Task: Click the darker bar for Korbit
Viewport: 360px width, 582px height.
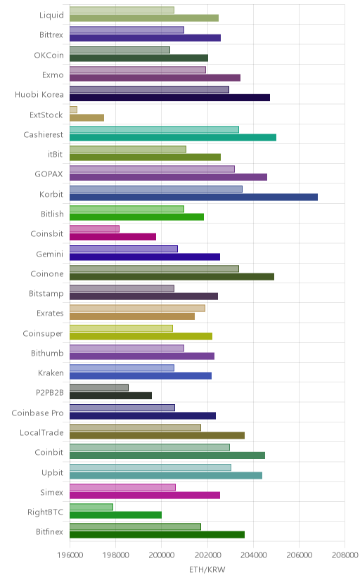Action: click(193, 197)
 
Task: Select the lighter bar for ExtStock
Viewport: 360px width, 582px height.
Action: click(74, 110)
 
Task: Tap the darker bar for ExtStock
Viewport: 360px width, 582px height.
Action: click(87, 117)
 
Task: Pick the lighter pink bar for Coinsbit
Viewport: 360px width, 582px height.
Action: click(94, 228)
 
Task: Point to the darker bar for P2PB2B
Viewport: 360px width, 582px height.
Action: click(110, 396)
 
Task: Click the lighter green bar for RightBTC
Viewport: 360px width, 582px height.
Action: click(91, 507)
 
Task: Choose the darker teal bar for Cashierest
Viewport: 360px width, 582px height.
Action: click(173, 137)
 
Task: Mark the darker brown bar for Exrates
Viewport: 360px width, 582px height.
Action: click(132, 316)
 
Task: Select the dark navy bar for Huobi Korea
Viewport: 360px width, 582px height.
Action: click(169, 98)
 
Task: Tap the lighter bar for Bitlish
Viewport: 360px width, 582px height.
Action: click(127, 209)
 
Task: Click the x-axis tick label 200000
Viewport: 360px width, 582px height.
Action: click(162, 555)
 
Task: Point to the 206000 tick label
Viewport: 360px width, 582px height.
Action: click(299, 555)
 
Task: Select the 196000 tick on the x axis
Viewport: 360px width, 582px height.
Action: click(70, 555)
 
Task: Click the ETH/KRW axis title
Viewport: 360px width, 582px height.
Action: click(207, 570)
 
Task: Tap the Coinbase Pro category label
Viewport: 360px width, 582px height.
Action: click(37, 413)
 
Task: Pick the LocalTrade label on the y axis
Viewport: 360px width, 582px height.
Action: click(41, 433)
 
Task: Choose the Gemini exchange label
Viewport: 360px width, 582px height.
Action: click(50, 254)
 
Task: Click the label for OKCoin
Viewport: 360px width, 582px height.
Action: click(49, 56)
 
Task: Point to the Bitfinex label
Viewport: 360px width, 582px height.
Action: click(50, 532)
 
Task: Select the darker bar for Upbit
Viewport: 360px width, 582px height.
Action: click(166, 475)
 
